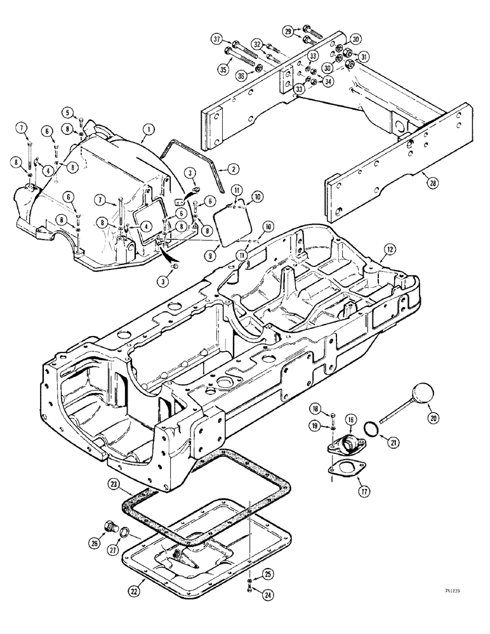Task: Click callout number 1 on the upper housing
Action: [x=148, y=129]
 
